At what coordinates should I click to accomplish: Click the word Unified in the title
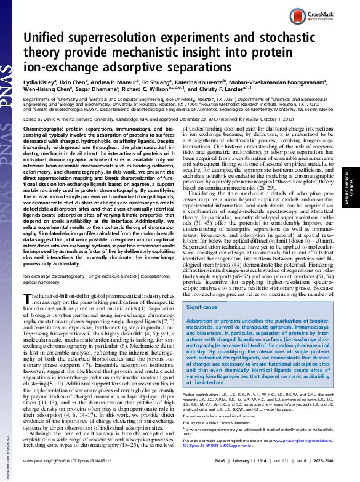click(47, 37)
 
